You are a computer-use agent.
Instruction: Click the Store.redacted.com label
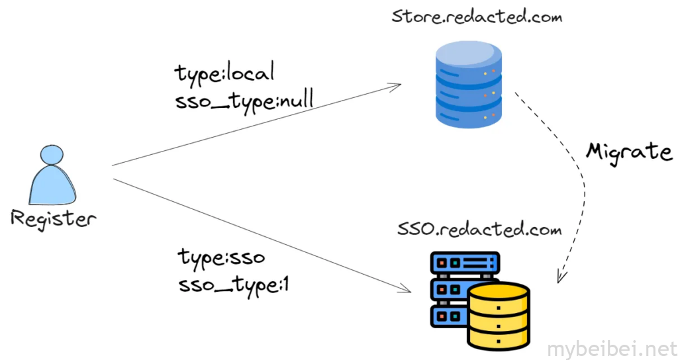[x=476, y=16]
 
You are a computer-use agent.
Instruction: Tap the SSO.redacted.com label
[x=479, y=230]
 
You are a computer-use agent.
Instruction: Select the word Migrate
[x=628, y=152]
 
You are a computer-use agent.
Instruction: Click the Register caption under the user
[x=53, y=219]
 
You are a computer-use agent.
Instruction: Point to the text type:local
[x=224, y=73]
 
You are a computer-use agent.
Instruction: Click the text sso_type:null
[x=244, y=100]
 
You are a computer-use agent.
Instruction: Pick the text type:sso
[x=221, y=257]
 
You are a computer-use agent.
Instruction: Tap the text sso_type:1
[x=234, y=285]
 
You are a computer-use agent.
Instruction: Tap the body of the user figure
[x=53, y=187]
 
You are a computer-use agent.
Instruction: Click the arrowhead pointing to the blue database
[x=397, y=85]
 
